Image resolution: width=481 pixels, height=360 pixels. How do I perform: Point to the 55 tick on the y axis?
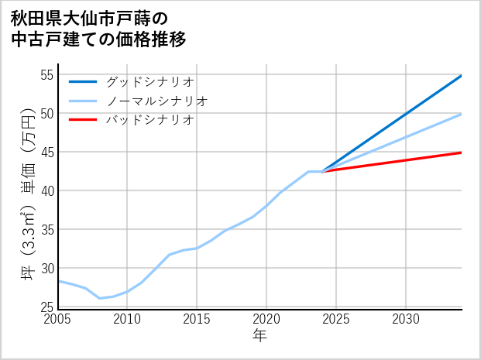46,75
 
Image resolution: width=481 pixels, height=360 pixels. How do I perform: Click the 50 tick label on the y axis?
46,114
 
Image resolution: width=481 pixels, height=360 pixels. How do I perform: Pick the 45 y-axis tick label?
46,153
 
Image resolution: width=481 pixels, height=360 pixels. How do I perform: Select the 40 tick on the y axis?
46,191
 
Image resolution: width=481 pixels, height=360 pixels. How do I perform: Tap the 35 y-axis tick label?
46,230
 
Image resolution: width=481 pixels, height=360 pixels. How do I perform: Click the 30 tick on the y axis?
46,269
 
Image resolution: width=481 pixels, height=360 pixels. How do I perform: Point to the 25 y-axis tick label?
46,307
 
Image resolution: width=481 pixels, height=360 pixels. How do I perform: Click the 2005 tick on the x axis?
58,319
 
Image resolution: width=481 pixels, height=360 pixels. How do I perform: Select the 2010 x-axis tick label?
127,319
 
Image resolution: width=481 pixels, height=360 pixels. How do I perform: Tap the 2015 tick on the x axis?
197,319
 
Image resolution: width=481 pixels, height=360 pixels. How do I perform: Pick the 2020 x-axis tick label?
266,319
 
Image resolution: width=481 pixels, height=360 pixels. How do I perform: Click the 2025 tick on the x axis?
336,319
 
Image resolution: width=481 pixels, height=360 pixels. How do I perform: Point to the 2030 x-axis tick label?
406,319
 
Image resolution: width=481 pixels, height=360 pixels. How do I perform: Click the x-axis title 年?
259,335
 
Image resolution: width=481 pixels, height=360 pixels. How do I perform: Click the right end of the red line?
462,153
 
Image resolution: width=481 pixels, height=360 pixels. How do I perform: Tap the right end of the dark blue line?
462,75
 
